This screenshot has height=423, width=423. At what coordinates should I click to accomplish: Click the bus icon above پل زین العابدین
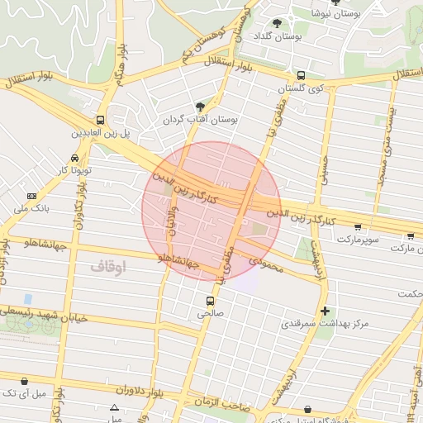coord(100,120)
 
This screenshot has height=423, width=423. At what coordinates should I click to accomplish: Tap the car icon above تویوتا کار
coord(75,157)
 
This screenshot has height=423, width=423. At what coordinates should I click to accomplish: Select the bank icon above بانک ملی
coord(32,196)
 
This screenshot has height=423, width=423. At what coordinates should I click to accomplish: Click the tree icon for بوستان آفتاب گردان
coord(200,107)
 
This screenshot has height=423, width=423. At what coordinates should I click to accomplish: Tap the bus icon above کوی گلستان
coord(300,75)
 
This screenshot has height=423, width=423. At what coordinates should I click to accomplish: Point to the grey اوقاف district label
coord(107,267)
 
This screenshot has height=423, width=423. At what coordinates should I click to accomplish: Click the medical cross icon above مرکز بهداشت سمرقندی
coord(326,311)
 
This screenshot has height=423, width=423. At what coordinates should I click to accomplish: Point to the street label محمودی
coord(265,267)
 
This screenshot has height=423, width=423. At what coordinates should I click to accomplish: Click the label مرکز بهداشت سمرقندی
coord(326,324)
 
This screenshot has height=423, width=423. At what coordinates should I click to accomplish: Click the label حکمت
coord(408,294)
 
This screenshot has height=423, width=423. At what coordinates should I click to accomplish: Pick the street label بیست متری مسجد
coord(387,154)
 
